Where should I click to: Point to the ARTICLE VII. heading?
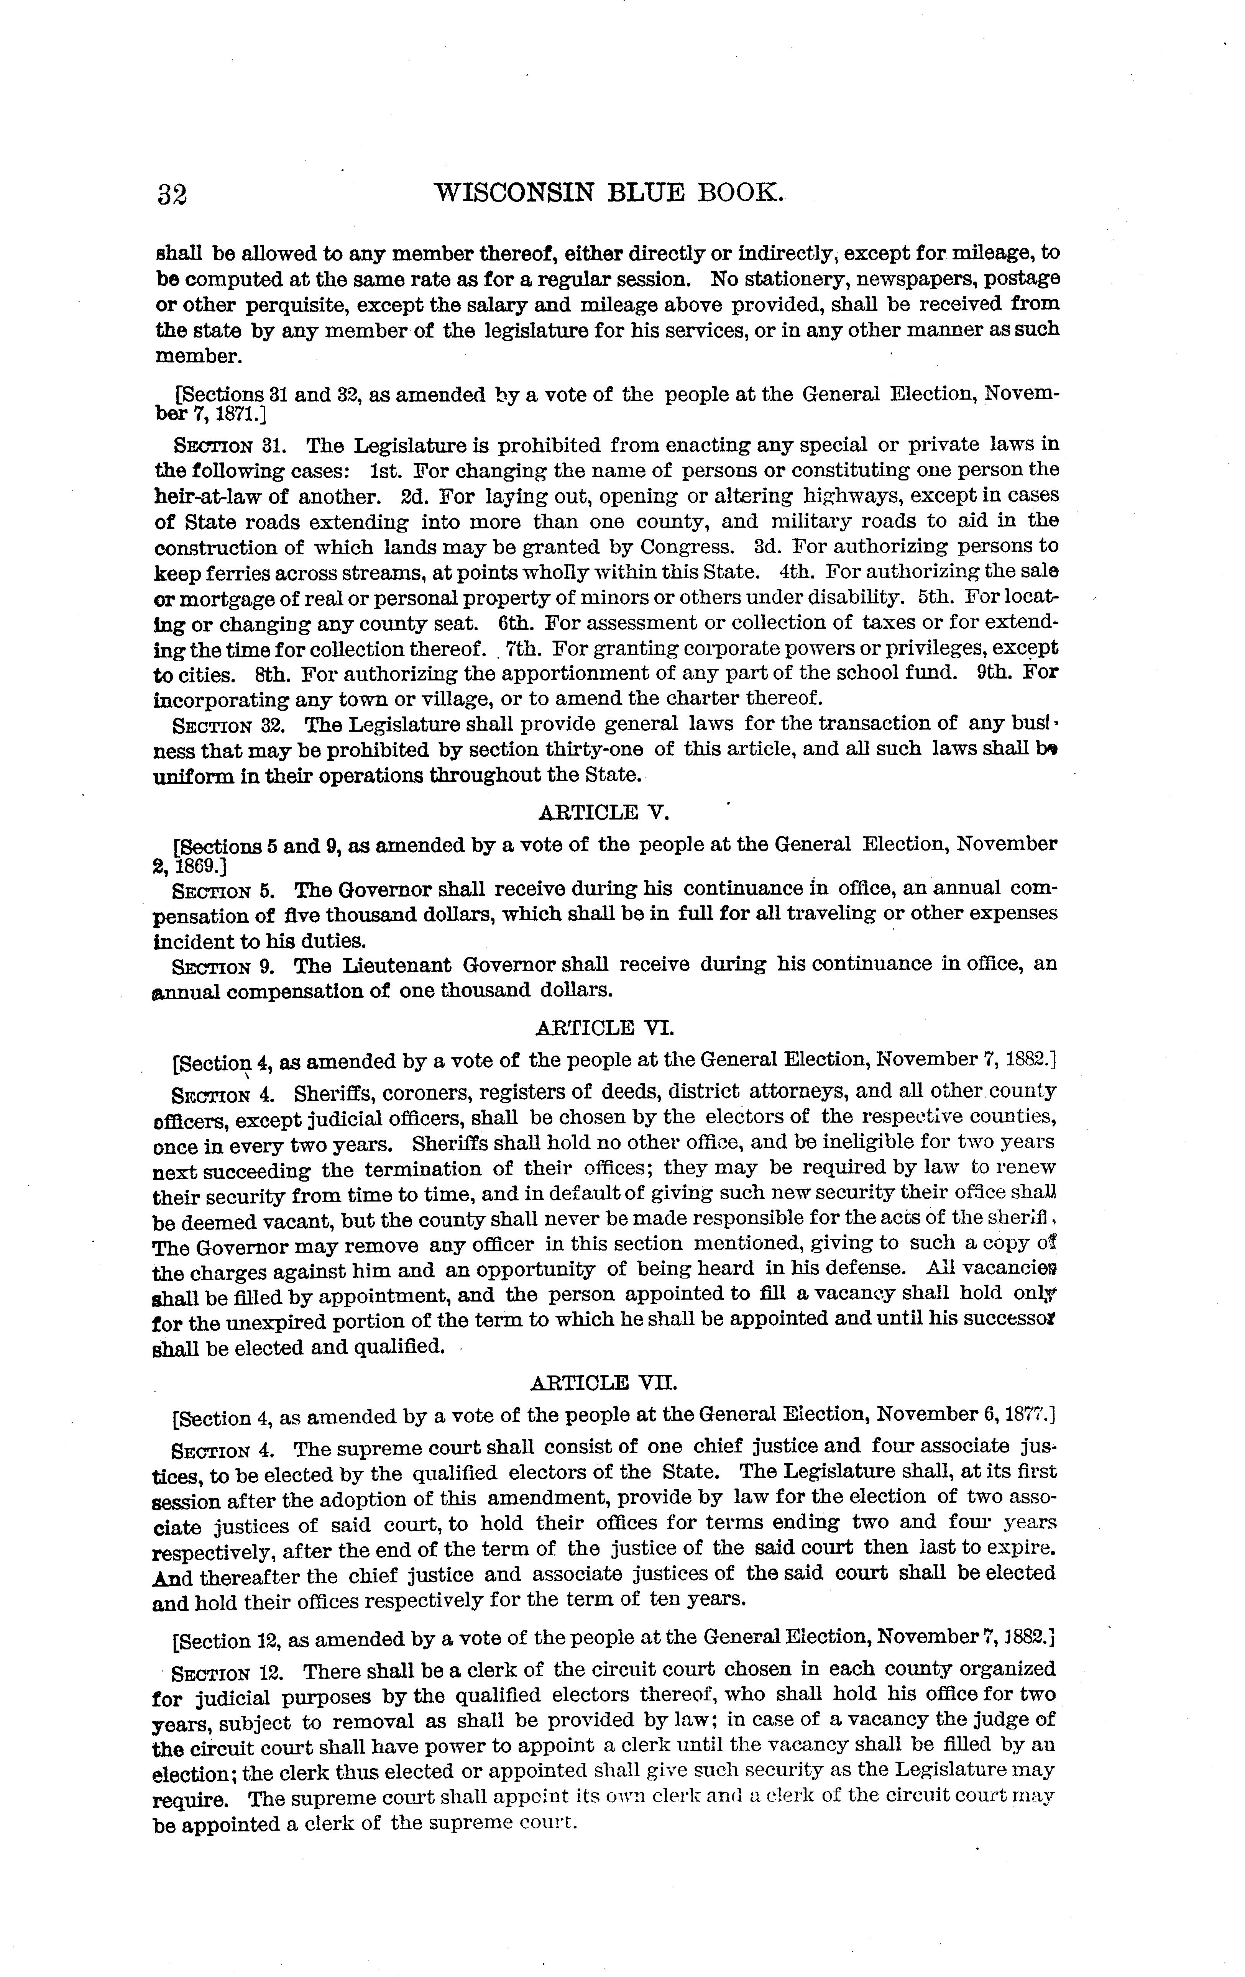point(604,1383)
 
